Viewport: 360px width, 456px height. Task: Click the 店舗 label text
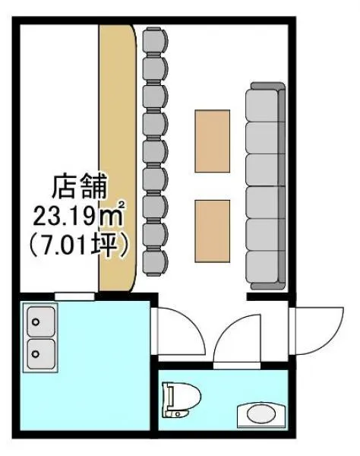click(79, 186)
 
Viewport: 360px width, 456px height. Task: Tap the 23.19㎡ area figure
click(79, 215)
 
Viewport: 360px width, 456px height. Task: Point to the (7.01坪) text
click(79, 245)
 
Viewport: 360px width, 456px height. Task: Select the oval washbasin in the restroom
click(261, 415)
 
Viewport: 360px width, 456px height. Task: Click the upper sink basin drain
click(36, 322)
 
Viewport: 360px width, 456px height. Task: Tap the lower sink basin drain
click(36, 354)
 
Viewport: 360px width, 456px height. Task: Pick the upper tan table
click(213, 141)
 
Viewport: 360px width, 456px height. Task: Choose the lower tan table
click(213, 231)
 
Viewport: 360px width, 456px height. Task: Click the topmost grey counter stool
click(156, 41)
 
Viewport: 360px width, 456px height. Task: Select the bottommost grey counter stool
click(156, 261)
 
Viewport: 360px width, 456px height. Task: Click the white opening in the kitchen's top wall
click(74, 296)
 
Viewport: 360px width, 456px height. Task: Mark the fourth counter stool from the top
click(156, 124)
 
